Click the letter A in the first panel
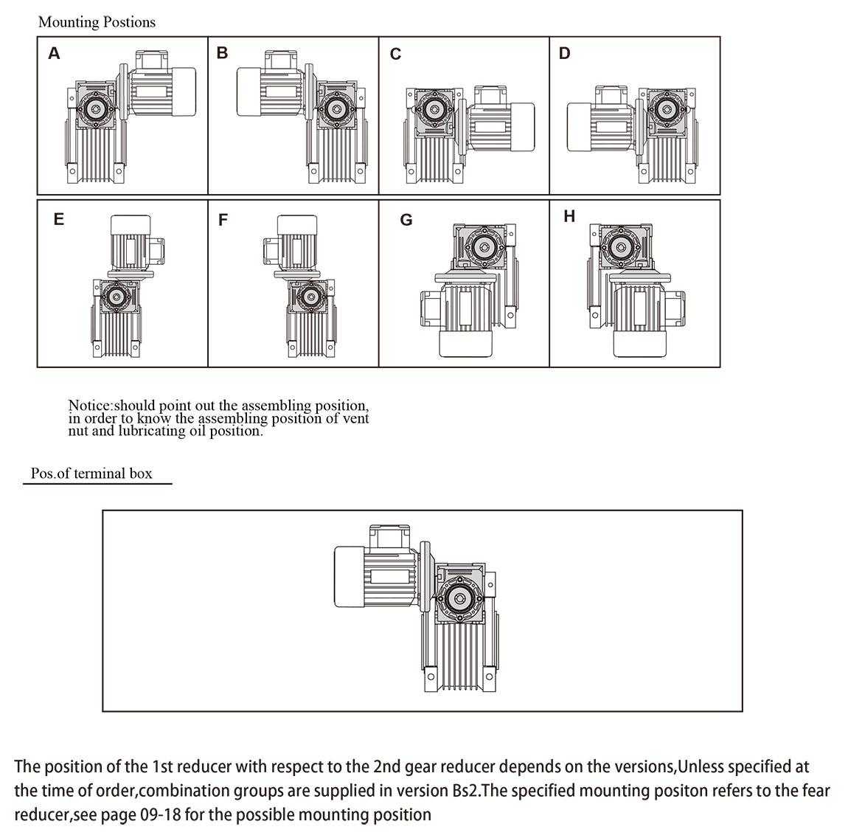pos(54,53)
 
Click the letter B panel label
pos(223,53)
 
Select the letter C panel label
pos(395,55)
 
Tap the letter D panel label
pos(565,53)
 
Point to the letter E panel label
pos(59,219)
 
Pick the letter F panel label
pos(223,220)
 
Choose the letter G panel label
pos(406,220)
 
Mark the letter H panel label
pos(569,216)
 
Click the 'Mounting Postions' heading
pos(97,22)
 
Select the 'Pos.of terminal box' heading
pos(91,474)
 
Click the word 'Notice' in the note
pos(91,405)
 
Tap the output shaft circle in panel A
pos(94,109)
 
